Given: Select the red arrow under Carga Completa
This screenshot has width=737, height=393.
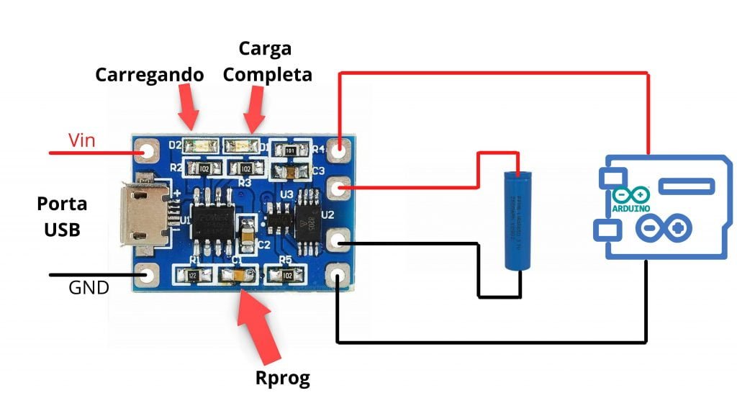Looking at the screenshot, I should (255, 108).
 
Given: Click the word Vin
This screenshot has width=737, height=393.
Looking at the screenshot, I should (82, 140).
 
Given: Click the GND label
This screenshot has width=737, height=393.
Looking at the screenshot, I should (89, 289).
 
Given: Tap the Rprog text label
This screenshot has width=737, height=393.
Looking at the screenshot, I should (283, 378).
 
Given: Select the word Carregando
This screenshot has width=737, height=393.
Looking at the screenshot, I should (150, 74).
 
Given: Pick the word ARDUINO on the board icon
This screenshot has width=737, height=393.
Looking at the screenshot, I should (630, 208).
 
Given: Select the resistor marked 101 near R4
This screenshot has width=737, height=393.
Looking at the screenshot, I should (289, 151).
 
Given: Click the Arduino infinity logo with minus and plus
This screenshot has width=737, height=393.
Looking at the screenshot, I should (664, 230).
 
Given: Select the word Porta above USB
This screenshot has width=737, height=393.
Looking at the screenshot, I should (62, 204).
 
